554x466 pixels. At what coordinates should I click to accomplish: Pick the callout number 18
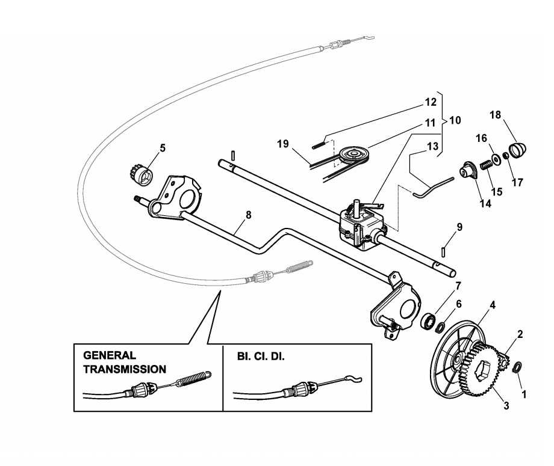click(495, 114)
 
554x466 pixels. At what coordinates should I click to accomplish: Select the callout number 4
click(492, 305)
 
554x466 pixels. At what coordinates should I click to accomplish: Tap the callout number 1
click(523, 395)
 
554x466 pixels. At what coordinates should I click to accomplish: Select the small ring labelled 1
click(517, 367)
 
